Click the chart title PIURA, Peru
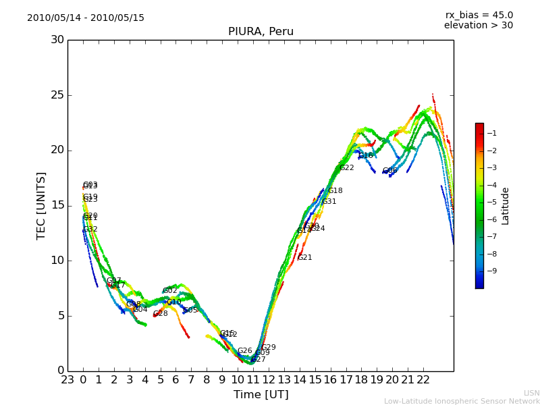coord(261,32)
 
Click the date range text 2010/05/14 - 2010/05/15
coord(86,18)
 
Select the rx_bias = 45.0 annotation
coord(479,16)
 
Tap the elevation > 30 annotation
coord(478,26)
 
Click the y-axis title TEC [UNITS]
coord(41,205)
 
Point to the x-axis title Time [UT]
coord(261,395)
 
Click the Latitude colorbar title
coord(506,206)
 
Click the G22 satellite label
coord(346,168)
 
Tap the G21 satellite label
coord(304,258)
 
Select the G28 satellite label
coord(160,314)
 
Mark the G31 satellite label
coord(329,202)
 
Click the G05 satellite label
coord(190,310)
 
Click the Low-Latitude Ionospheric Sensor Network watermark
coord(462,402)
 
